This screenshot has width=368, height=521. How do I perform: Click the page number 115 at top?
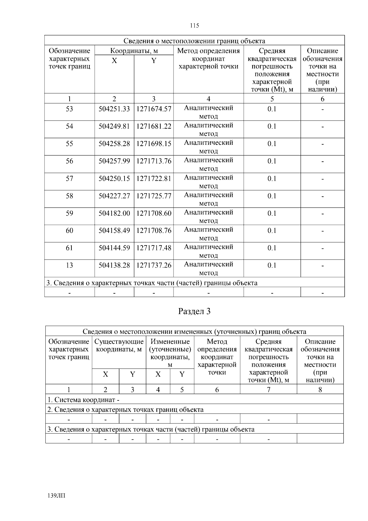click(194, 25)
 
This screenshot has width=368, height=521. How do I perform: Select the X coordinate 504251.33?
click(114, 109)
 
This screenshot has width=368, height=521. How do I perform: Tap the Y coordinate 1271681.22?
click(154, 126)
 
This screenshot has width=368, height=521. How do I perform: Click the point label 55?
click(69, 144)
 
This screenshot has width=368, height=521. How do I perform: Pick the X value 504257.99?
click(114, 161)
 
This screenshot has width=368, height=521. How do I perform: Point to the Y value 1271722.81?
click(154, 179)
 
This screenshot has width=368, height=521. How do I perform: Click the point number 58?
click(69, 196)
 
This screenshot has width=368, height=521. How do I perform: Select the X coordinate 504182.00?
click(114, 213)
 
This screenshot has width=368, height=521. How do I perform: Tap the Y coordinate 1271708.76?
click(154, 230)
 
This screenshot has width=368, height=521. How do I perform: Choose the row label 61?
click(69, 248)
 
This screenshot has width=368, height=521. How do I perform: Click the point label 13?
click(69, 265)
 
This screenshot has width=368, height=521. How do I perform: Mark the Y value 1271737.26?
click(154, 265)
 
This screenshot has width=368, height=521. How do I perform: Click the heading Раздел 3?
click(194, 311)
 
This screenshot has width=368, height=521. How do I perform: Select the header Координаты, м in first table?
click(134, 51)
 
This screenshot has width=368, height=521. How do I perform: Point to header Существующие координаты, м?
click(119, 345)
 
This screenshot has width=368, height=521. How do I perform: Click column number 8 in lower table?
click(320, 390)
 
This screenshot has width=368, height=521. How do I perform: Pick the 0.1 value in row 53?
click(272, 109)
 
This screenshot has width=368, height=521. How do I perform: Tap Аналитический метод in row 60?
click(209, 234)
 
